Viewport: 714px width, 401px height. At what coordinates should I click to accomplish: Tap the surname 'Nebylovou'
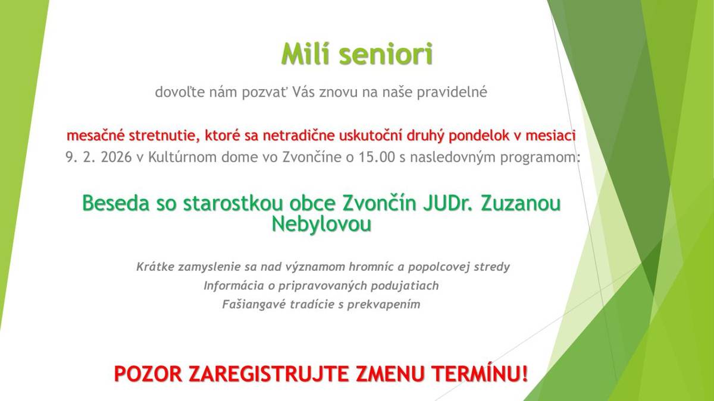click(321, 223)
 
